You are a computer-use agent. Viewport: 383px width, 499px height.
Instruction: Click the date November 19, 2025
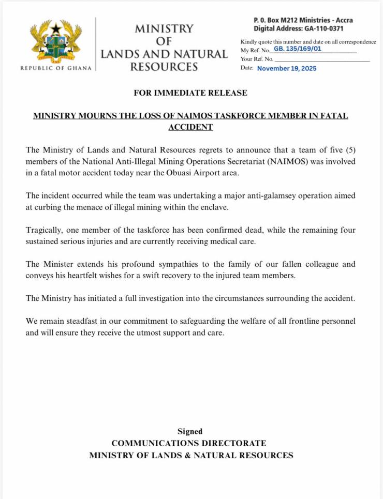pos(287,68)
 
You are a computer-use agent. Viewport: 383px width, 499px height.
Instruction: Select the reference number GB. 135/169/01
pos(298,49)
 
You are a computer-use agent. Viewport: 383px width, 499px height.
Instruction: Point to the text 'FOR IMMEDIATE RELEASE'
pos(190,93)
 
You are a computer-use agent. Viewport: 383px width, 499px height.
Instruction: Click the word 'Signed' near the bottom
pos(190,431)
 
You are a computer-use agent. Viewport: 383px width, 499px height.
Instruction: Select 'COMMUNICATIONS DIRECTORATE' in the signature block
pos(189,443)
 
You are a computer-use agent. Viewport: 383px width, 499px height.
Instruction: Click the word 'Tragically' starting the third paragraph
pos(45,230)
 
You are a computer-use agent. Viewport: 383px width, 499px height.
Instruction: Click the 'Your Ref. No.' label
pos(257,59)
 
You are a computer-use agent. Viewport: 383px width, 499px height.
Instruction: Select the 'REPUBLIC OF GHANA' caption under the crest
pos(56,68)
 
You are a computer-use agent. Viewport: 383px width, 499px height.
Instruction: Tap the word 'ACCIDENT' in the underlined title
pos(190,127)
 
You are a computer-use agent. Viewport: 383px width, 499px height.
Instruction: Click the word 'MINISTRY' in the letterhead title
pos(164,28)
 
